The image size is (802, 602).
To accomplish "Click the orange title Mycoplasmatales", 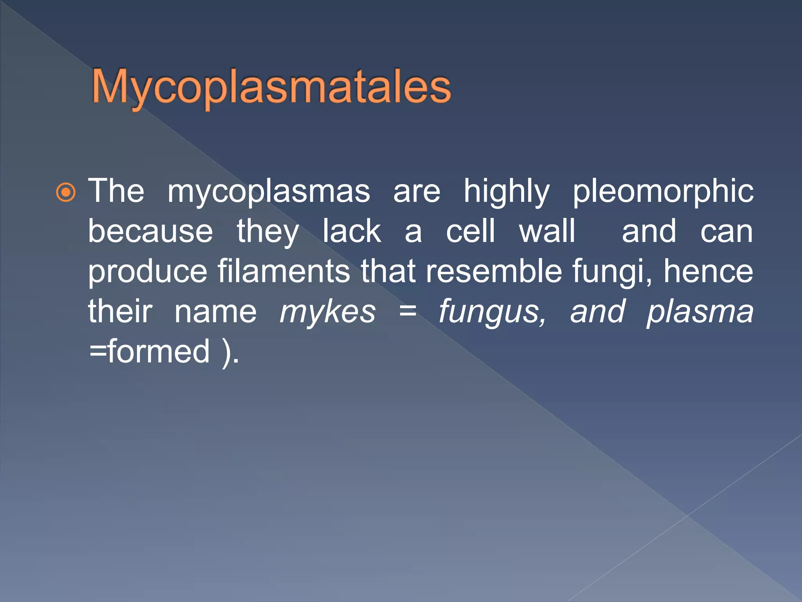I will coord(271,87).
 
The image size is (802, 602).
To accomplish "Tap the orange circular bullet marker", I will coord(66,192).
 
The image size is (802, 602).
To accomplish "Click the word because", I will coord(150,232).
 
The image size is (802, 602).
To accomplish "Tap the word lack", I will coord(351,232).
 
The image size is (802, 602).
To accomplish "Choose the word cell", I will coord(471,232).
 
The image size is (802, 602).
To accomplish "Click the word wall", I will coord(547,232).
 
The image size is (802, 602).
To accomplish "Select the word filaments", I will coord(284,272).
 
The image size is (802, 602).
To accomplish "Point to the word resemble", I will coord(494,272).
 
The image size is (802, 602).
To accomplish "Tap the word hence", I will coord(708,272).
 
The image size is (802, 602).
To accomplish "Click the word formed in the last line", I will coord(159,352).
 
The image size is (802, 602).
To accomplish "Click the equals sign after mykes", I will coord(407,312).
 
